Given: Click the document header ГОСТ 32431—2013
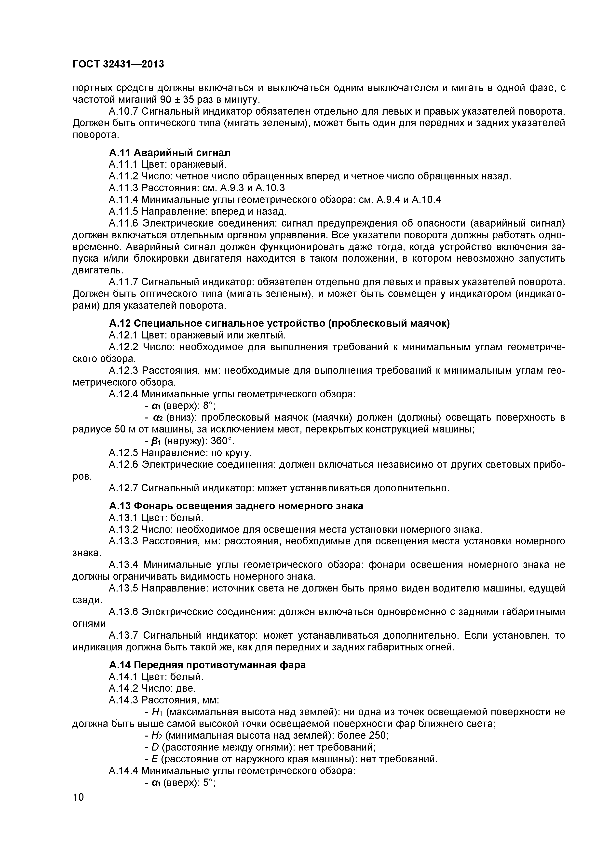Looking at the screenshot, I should click(x=118, y=65).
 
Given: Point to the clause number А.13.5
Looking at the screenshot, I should click(x=123, y=588).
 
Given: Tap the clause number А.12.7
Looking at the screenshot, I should click(x=123, y=488).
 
